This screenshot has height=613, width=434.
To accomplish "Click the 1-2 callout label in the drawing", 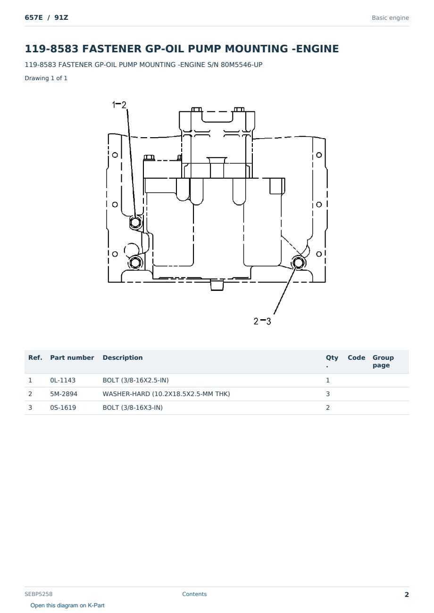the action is click(x=119, y=105).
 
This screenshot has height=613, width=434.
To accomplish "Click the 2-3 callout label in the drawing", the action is click(x=262, y=321).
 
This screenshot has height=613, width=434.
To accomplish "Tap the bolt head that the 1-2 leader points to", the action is click(x=135, y=222).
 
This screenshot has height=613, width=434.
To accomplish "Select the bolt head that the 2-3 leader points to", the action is click(x=298, y=263).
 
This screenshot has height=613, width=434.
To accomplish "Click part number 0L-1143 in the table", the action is click(x=63, y=380).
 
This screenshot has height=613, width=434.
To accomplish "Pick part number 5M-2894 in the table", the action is click(x=64, y=394).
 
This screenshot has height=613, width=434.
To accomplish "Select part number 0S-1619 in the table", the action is click(x=63, y=407).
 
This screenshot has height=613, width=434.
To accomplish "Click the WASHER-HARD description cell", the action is click(x=166, y=394).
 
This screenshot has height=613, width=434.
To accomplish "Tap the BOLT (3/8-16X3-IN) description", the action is click(x=133, y=407).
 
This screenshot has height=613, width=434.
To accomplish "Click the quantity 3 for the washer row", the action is click(x=328, y=394).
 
